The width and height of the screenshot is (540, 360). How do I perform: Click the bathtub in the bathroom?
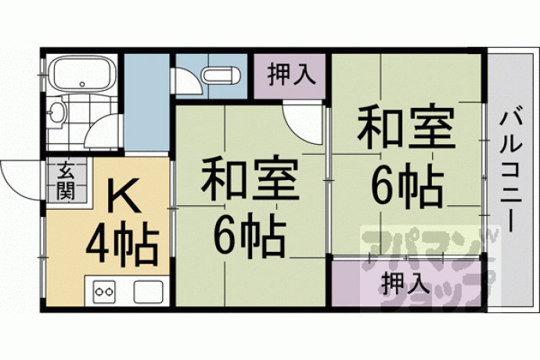click(82, 74)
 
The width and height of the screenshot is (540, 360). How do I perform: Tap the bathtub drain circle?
click(82, 84)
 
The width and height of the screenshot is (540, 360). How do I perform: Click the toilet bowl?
click(221, 75)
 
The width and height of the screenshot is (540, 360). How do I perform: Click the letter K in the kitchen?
click(123, 196)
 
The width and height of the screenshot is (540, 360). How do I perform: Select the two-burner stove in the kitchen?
click(104, 291)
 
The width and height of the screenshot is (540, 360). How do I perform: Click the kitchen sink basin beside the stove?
click(149, 292)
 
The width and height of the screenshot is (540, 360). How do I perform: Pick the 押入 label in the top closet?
click(291, 74)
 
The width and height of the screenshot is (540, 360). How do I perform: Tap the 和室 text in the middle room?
click(250, 180)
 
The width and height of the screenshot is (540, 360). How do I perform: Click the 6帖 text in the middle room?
click(250, 236)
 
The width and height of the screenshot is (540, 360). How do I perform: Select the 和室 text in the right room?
click(405, 127)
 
